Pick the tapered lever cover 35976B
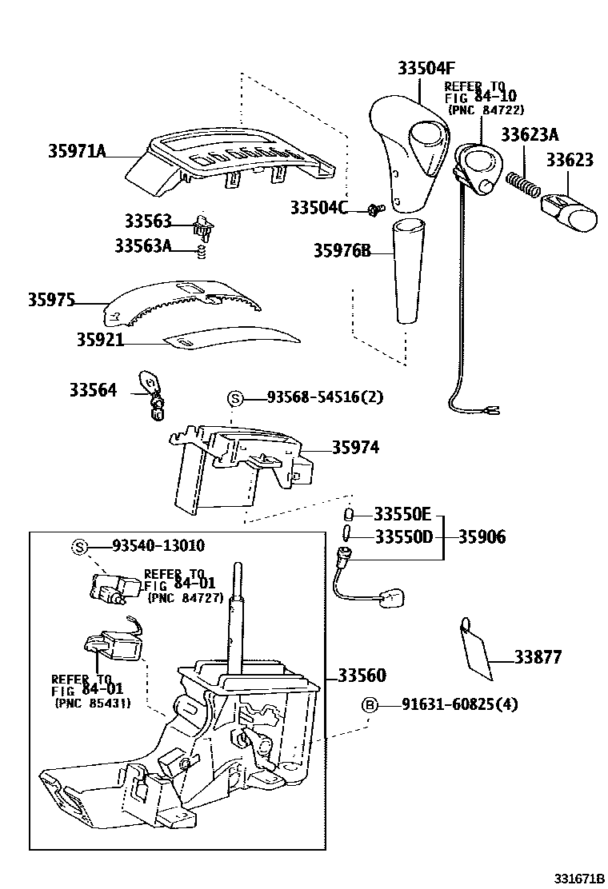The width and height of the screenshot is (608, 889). [x=406, y=272]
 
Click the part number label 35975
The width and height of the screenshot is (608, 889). [x=51, y=301]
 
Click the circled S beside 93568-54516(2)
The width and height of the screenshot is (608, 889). [x=235, y=398]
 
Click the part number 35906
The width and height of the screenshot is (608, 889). [x=482, y=536]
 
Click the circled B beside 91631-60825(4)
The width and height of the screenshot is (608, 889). [x=370, y=705]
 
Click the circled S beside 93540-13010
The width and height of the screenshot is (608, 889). [x=80, y=546]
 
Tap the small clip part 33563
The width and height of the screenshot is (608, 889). [x=205, y=225]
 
